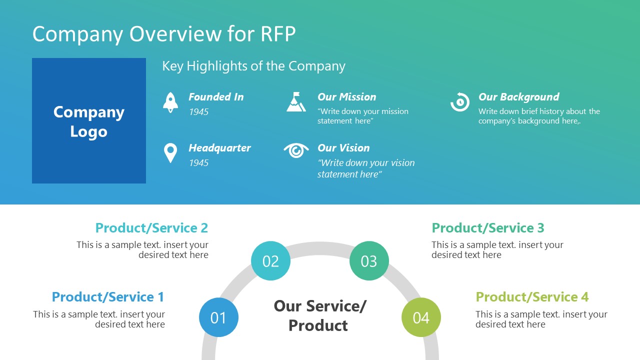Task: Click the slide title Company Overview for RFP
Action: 164,34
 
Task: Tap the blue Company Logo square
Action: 89,121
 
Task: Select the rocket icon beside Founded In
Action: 170,102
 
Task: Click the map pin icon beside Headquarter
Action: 170,153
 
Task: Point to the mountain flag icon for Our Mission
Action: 296,101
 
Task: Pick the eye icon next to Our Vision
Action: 296,150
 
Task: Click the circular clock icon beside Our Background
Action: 459,102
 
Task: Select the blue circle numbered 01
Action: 218,317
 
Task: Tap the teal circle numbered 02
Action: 270,261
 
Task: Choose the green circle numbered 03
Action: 369,261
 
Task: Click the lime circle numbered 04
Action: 421,317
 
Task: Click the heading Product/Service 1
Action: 108,297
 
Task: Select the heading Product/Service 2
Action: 151,228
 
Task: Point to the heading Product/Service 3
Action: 487,228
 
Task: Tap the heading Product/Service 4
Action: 531,297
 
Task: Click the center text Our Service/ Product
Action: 319,315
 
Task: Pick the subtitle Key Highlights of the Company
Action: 253,66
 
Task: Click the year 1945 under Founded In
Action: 198,112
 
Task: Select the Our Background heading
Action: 518,97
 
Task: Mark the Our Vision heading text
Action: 343,148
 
